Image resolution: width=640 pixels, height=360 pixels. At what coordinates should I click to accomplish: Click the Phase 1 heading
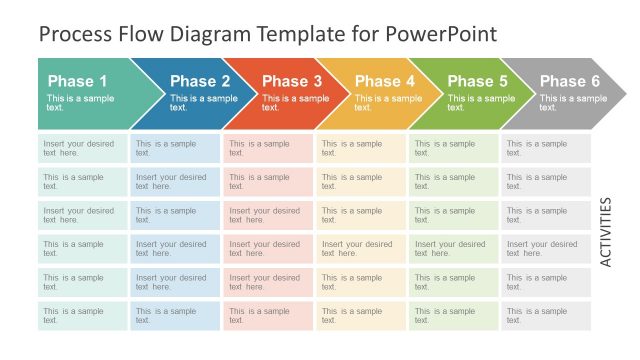(77, 81)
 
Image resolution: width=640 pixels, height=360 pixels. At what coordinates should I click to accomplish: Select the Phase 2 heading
(200, 81)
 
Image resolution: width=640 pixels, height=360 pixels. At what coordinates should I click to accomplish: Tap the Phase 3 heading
(292, 81)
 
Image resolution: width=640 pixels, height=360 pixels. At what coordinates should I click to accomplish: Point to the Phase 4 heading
(385, 81)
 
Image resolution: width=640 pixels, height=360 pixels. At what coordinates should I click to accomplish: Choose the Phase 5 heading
(477, 81)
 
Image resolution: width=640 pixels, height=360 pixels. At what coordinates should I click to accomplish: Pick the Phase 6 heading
(570, 81)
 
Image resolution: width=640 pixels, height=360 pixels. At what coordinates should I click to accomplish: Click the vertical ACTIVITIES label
(606, 231)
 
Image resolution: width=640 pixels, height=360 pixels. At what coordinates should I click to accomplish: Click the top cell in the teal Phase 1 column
(83, 148)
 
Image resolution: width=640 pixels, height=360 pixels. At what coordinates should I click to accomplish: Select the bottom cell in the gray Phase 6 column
(546, 316)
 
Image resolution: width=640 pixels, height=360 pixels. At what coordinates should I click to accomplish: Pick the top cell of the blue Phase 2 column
(175, 148)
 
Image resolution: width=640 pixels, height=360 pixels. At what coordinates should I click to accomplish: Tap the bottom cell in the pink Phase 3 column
(268, 316)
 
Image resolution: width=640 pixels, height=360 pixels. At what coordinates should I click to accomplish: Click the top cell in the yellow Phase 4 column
(361, 148)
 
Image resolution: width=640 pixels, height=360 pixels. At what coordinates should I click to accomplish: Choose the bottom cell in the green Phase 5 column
(453, 316)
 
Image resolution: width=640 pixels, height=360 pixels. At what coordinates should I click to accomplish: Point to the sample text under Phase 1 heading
(80, 103)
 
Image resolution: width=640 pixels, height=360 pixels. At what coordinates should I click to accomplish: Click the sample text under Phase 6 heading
(573, 103)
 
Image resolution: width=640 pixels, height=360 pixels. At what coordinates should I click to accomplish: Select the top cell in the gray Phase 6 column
(546, 148)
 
